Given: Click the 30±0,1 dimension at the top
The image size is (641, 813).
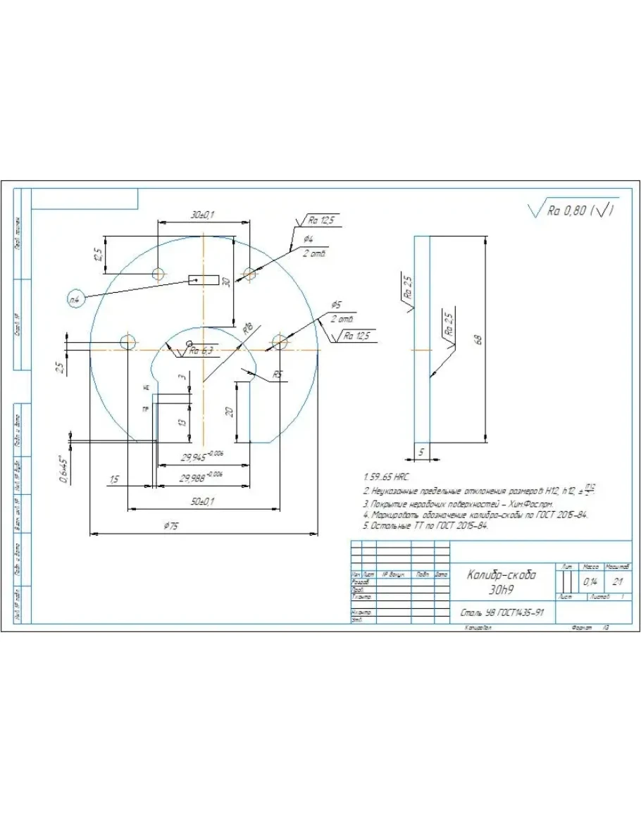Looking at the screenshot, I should point(203,214).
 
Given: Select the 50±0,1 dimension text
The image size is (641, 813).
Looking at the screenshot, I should point(203,501).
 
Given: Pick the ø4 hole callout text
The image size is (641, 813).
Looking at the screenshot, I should point(309,240).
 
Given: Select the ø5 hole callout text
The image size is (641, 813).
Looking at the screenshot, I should point(336,305).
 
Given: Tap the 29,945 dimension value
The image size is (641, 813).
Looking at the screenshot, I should point(200,457).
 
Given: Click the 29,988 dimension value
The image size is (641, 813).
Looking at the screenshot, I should point(200,478).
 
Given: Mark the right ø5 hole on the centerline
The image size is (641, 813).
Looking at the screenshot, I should point(280,342).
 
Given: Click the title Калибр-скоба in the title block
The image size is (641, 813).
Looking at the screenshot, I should point(502,574).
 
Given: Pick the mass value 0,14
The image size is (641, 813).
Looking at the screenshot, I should point(590,583).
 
